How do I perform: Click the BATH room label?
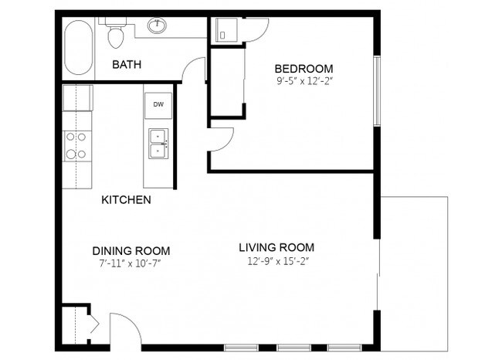[126, 64]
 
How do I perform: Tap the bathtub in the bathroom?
[77, 48]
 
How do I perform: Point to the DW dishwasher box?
[158, 104]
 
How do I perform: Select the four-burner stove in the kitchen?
[76, 144]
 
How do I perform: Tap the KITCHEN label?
[126, 200]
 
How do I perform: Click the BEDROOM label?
[304, 68]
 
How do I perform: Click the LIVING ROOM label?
[276, 247]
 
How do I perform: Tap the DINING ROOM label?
[131, 251]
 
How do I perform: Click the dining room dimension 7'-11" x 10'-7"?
[131, 263]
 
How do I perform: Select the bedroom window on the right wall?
[377, 90]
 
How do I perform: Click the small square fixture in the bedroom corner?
[226, 31]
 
